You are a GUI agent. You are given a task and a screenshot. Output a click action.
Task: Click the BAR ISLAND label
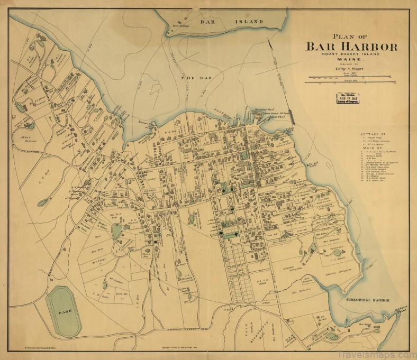(x=232, y=22)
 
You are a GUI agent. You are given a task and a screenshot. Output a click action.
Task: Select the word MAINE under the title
(x=351, y=60)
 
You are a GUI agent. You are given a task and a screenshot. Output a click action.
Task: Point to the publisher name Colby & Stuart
(x=351, y=69)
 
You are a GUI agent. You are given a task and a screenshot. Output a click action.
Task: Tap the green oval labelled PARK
(x=64, y=311)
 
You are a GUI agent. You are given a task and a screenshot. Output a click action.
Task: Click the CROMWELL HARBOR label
(x=369, y=300)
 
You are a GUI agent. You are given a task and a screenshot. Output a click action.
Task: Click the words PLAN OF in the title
(x=351, y=36)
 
